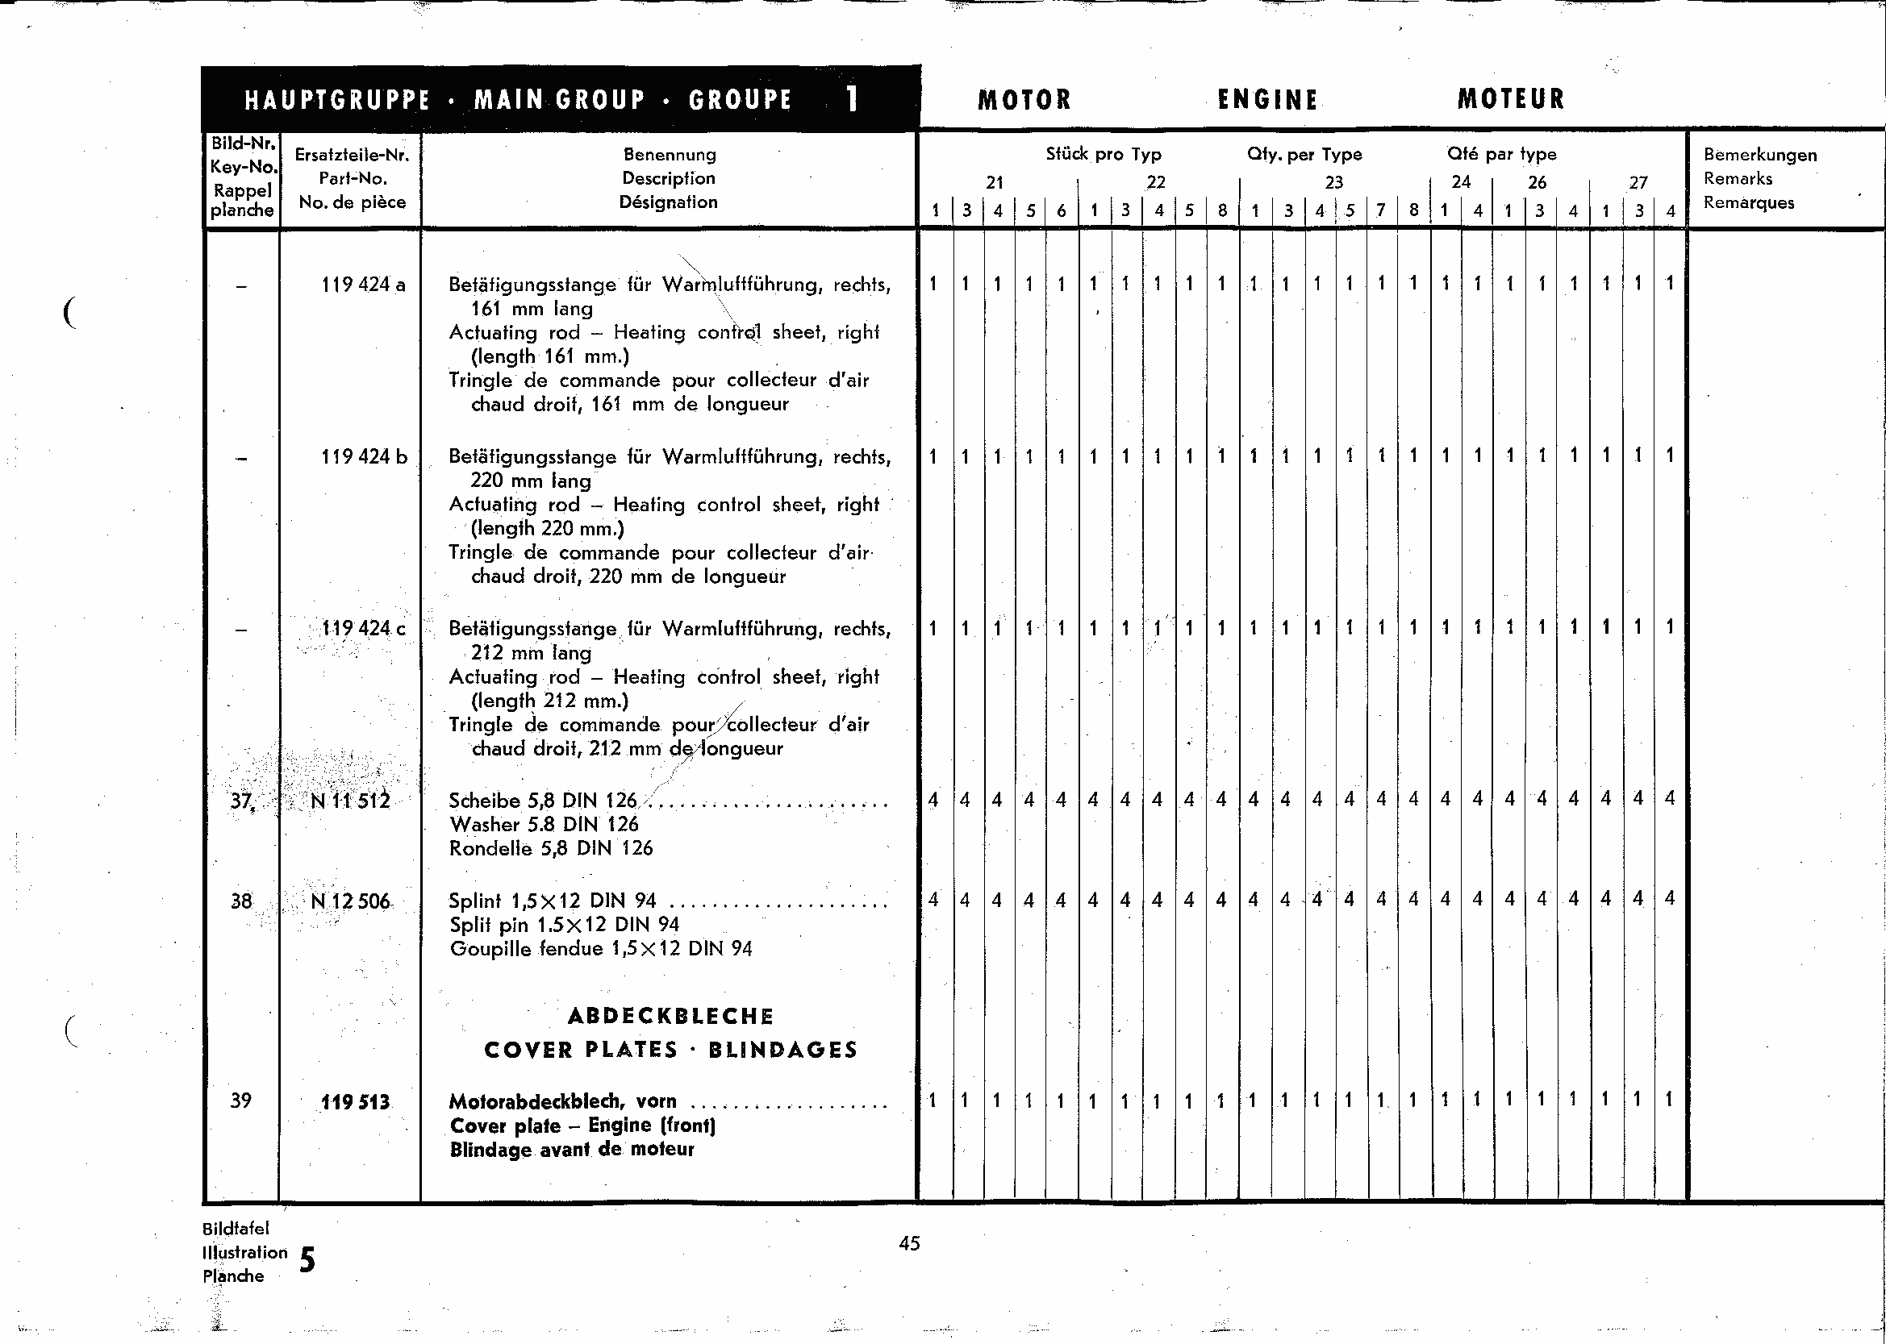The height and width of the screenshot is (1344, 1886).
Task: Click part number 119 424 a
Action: tap(364, 285)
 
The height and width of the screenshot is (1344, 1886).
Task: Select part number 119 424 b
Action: tap(365, 457)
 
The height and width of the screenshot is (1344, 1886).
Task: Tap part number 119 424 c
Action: tap(364, 629)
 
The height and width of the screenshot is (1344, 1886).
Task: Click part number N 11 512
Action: tap(350, 801)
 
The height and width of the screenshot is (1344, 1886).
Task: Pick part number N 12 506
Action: tap(350, 901)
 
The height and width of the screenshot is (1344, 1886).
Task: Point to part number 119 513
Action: tap(355, 1102)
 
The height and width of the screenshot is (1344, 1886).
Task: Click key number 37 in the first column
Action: tap(241, 801)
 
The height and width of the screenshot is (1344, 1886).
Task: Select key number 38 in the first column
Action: tap(241, 901)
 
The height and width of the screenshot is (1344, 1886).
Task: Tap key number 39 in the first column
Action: tap(241, 1101)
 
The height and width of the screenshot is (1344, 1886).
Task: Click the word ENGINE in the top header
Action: tap(1266, 100)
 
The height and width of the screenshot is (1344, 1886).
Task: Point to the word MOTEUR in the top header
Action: tap(1511, 99)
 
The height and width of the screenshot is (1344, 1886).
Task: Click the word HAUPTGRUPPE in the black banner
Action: tap(337, 101)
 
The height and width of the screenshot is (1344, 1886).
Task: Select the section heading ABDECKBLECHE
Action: tap(670, 1017)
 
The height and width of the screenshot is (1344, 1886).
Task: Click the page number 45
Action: tap(909, 1243)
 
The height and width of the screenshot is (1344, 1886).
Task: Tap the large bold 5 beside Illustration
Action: tap(307, 1259)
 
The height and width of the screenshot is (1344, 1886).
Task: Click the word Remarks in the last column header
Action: tap(1738, 179)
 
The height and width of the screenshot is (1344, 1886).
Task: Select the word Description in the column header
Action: tap(669, 178)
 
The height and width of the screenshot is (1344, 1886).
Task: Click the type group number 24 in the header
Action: tap(1461, 182)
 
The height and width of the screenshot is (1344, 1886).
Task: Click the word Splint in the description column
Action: tap(475, 901)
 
